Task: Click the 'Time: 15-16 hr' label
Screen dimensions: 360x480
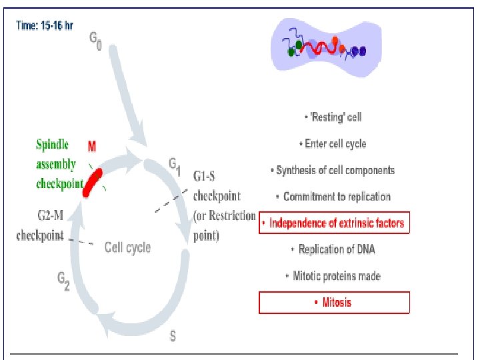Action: coord(45,25)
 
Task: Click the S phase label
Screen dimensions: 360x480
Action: coord(173,336)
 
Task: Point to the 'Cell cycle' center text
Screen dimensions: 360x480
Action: coord(127,247)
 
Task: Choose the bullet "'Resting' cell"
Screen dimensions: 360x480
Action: coord(333,117)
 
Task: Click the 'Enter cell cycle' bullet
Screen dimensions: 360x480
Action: coord(333,143)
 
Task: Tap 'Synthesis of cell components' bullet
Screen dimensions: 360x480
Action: coord(333,170)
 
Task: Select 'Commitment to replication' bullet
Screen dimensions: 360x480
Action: coord(333,197)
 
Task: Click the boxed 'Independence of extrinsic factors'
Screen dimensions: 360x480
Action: coord(333,223)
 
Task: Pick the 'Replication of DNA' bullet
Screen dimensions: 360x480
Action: coord(333,249)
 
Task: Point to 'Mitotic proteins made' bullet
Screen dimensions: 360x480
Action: coord(333,275)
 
